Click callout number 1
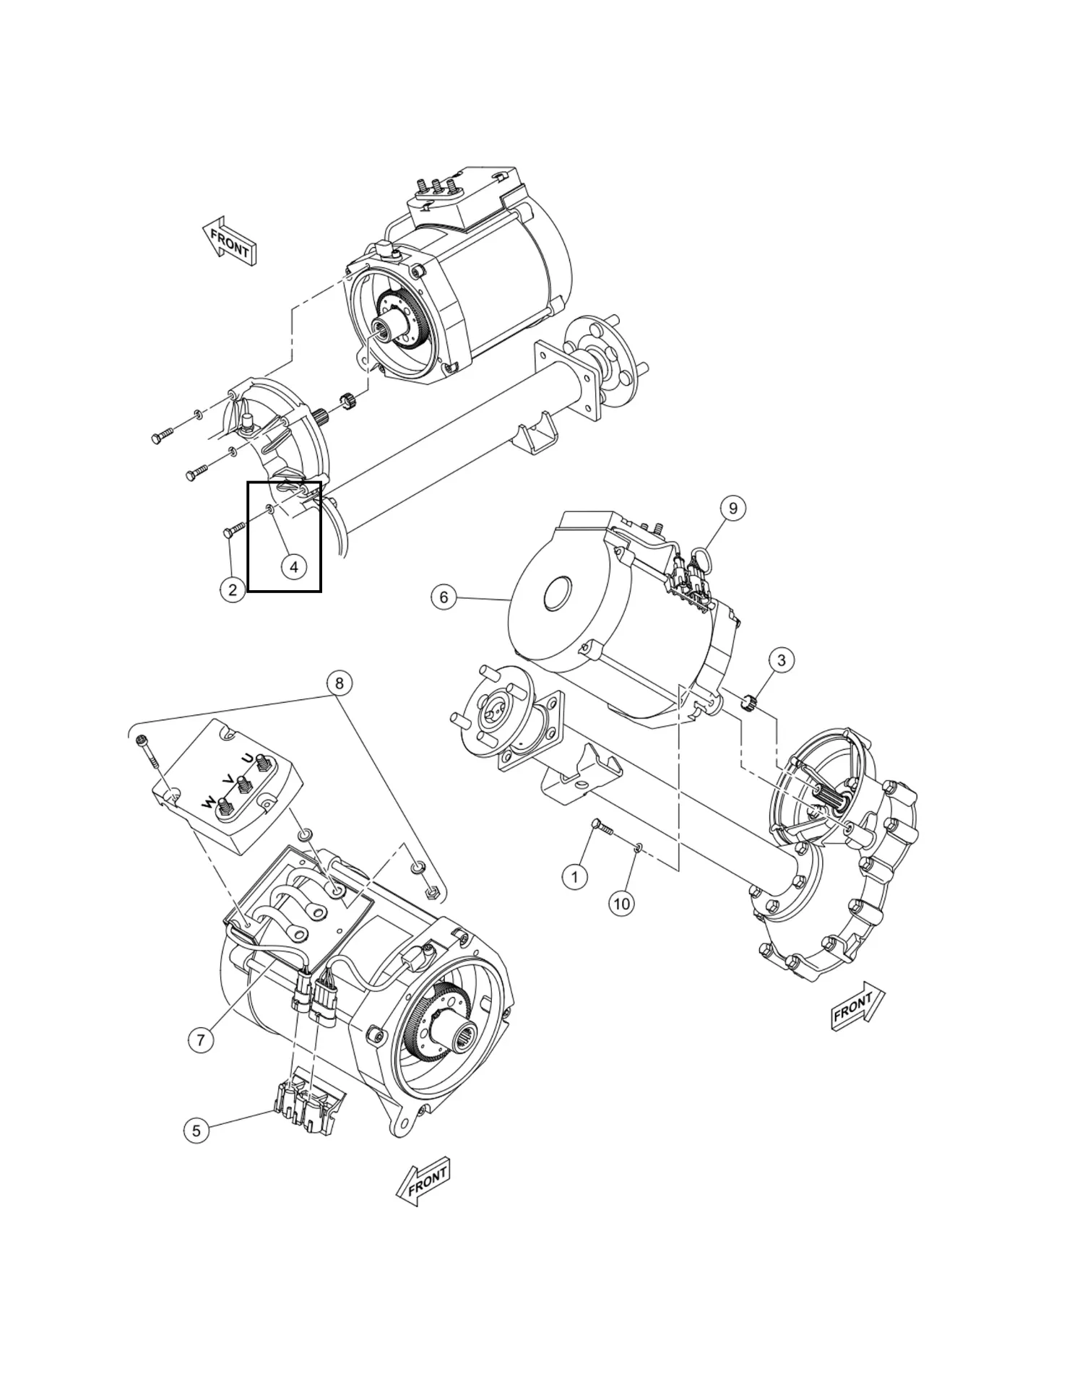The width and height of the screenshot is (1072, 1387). point(575,877)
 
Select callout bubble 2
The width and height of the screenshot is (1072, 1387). point(233,589)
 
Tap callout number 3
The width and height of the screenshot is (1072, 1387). point(781,660)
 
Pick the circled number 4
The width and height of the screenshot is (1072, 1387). point(293,567)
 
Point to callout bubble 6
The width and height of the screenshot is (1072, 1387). point(444,597)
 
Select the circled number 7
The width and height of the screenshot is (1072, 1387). point(201,1040)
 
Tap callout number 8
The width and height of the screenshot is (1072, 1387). point(340,683)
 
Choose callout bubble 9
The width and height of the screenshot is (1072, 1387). point(733,508)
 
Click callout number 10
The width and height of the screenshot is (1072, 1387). point(622,903)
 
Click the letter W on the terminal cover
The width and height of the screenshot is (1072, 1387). point(208,803)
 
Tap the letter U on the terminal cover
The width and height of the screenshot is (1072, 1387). point(248,761)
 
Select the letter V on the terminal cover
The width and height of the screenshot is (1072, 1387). point(228,781)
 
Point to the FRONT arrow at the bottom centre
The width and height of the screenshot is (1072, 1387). point(424,1182)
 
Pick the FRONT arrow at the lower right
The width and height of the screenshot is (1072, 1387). point(858,1006)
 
